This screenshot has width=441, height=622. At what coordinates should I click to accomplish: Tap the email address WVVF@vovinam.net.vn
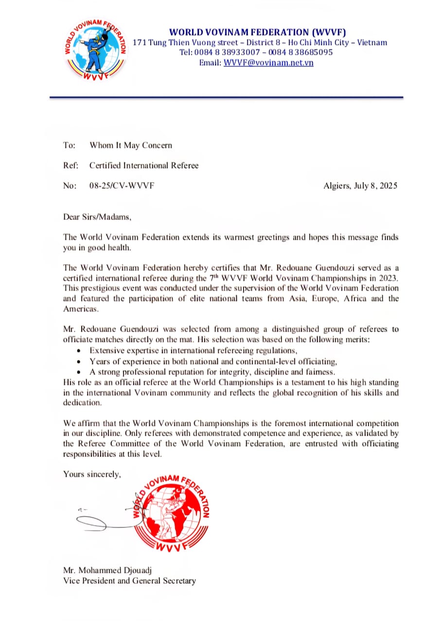pos(268,63)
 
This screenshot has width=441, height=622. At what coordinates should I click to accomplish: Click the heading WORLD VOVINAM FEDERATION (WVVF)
pos(260,32)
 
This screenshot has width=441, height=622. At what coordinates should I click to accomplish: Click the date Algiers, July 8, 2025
pos(360,186)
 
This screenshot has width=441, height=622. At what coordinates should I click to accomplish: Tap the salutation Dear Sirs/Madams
pos(97,217)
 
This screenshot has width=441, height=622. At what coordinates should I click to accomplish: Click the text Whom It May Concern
pos(130,145)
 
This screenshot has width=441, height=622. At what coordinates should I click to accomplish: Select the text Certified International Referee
pos(144,166)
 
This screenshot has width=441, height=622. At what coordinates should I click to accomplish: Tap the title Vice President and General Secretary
pos(129,581)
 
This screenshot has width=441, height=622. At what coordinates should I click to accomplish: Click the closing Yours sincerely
pos(92,474)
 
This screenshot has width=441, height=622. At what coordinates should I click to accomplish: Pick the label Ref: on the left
pos(71,166)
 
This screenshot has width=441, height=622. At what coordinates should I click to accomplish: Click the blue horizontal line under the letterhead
pos(226,98)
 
